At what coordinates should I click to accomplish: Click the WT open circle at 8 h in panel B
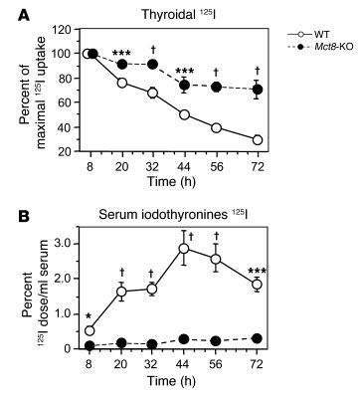click(x=90, y=330)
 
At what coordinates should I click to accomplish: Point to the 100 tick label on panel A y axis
click(x=66, y=54)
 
